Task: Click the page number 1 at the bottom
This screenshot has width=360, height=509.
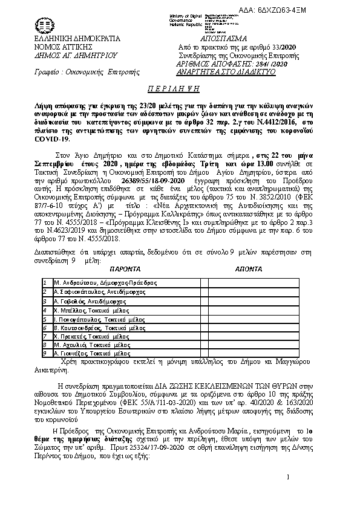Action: [289, 478]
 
